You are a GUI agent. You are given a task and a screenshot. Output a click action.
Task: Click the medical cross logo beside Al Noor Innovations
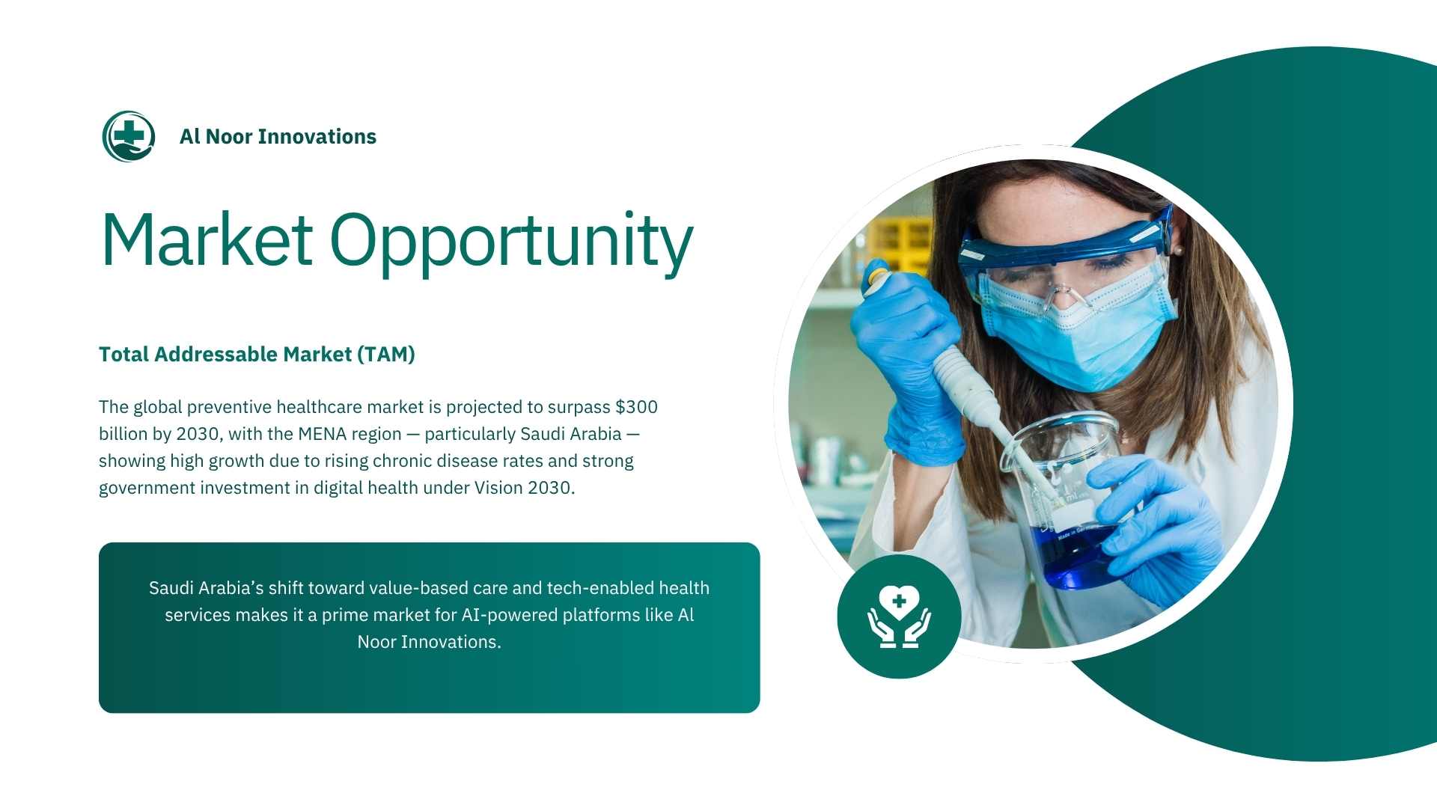[x=129, y=136]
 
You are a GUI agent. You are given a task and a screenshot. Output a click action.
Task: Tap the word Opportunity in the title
[x=512, y=242]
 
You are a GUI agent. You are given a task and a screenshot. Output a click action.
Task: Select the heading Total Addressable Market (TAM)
[x=257, y=355]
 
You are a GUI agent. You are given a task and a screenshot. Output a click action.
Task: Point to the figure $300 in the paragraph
[x=636, y=407]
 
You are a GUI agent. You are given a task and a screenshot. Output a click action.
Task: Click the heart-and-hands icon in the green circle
[x=899, y=616]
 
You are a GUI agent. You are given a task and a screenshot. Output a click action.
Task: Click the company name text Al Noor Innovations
[x=278, y=137]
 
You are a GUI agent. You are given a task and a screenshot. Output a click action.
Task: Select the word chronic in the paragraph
[x=402, y=461]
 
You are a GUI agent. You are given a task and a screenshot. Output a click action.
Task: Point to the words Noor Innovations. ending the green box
[x=429, y=642]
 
